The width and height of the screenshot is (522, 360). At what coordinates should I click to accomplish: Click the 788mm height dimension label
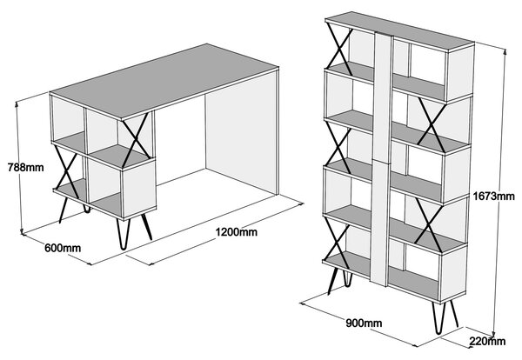(x=25, y=167)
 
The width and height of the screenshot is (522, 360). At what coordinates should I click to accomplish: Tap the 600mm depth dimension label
(x=63, y=248)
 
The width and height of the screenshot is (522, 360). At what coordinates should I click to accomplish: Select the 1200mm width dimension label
(x=237, y=231)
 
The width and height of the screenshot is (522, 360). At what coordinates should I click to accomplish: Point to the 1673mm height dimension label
(x=494, y=197)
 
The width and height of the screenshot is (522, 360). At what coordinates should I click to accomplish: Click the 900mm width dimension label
(x=364, y=323)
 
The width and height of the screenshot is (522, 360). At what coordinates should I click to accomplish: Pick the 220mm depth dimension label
(x=487, y=341)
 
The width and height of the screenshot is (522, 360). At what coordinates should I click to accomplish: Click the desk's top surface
(x=164, y=81)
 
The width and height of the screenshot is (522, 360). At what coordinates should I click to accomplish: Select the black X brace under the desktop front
(x=136, y=140)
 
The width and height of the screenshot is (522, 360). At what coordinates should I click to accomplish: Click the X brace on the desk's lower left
(x=67, y=172)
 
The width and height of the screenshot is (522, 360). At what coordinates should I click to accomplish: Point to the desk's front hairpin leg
(x=124, y=234)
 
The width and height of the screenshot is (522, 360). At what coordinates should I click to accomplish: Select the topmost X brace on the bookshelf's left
(x=339, y=50)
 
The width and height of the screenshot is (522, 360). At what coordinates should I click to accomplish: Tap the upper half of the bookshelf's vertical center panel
(x=383, y=97)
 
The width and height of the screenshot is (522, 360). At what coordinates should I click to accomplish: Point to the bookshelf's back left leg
(x=348, y=278)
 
